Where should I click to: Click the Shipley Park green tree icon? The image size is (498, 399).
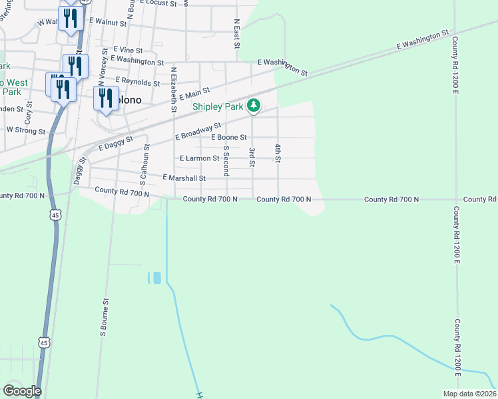(x=254, y=105)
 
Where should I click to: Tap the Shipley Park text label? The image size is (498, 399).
(x=218, y=106)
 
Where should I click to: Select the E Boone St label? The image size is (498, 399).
(x=228, y=137)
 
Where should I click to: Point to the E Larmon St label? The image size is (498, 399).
(x=200, y=158)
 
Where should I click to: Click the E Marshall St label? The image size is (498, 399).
(x=184, y=178)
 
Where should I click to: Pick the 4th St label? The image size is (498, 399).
(x=278, y=152)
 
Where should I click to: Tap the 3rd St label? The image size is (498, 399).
(x=252, y=158)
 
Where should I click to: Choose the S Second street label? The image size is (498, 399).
(x=226, y=161)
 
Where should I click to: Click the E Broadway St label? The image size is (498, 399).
(x=198, y=131)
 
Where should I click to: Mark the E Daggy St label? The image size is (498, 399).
(x=116, y=142)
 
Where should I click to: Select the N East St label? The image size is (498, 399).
(x=236, y=33)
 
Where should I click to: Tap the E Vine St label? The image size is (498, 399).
(x=128, y=50)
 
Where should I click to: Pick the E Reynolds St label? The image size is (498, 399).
(x=137, y=83)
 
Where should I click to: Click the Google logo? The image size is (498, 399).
(x=22, y=391)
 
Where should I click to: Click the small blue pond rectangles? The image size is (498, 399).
(x=153, y=277)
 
